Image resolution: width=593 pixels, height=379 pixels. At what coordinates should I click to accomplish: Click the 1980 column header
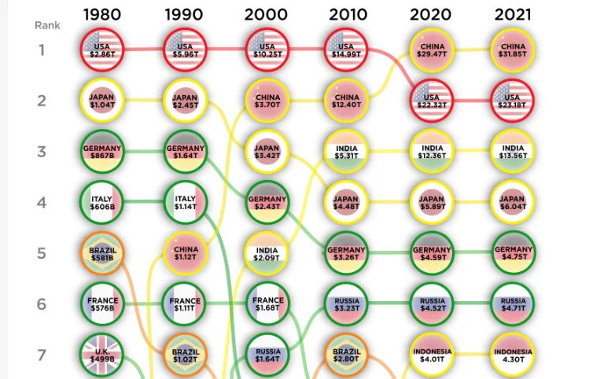click(102, 14)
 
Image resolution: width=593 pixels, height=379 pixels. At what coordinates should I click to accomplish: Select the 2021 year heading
click(513, 14)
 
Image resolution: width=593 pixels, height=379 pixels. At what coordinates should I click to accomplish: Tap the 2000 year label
click(266, 14)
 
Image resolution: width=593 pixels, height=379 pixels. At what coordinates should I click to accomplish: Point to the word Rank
click(47, 25)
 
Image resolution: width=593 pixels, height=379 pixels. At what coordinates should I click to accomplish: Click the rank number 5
click(42, 253)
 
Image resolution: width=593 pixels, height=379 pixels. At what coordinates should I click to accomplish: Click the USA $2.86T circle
click(102, 50)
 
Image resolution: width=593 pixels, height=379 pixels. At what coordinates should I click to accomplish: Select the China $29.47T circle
click(432, 50)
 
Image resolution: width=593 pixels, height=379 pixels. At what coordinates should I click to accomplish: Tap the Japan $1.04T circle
click(102, 101)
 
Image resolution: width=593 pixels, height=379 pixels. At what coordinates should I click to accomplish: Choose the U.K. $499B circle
click(102, 355)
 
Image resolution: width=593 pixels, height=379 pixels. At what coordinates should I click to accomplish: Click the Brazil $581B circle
click(102, 253)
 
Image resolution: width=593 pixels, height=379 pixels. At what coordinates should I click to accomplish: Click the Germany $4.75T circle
click(513, 253)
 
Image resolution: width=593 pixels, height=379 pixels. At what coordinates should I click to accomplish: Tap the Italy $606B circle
click(102, 202)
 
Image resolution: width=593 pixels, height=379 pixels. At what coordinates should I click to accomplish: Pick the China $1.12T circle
click(185, 253)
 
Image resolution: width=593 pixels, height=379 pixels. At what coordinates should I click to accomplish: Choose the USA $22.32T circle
click(432, 101)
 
